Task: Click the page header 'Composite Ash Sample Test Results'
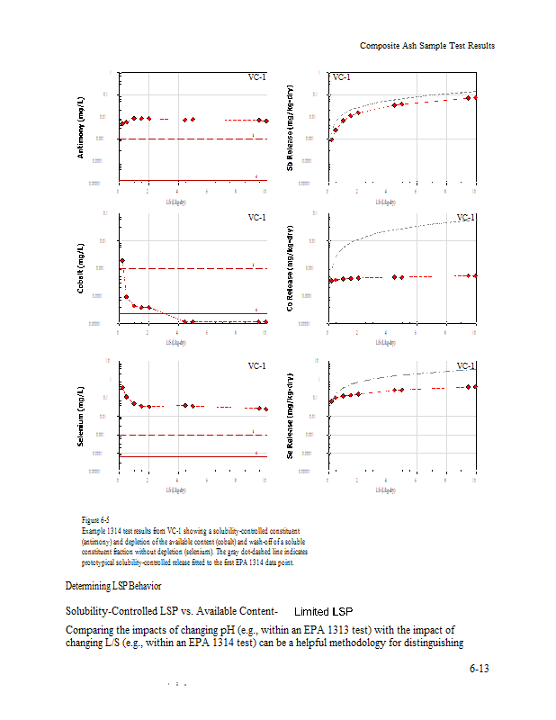coord(426,46)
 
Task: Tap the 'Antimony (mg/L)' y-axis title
coord(82,127)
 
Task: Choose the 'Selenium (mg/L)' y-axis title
coord(82,416)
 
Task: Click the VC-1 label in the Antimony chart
coord(256,78)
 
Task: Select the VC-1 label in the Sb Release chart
coord(341,78)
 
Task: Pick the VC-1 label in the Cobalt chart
coord(256,218)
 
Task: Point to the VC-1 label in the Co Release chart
coord(465,218)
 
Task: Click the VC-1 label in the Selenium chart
coord(256,366)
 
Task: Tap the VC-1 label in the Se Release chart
coord(465,366)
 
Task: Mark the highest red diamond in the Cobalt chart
coord(121,260)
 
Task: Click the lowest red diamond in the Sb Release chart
coord(330,139)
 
